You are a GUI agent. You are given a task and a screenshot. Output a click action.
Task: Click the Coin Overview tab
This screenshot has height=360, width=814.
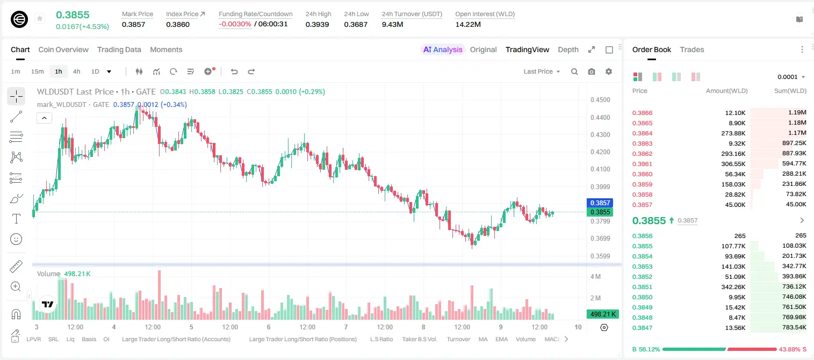point(63,49)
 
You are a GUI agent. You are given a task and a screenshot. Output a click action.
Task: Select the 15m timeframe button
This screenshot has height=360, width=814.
point(37,71)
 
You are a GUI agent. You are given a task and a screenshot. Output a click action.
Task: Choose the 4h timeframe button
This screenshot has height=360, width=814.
point(76,71)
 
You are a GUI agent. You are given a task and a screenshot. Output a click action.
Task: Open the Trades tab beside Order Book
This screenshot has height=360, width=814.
point(692,49)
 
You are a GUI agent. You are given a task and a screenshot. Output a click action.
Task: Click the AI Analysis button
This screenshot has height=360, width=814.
point(443,49)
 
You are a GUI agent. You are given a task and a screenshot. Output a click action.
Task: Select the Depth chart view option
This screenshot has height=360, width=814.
point(568,49)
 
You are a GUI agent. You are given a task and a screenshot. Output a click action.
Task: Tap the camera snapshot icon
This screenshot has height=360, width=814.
point(592,71)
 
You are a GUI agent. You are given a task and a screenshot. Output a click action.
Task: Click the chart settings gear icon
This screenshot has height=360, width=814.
point(609,71)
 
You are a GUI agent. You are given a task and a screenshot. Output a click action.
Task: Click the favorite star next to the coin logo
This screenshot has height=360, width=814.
point(40,18)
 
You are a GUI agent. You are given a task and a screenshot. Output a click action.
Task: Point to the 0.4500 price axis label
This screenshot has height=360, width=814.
point(600,100)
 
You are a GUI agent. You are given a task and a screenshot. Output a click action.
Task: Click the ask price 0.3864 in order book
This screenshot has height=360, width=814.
point(642,133)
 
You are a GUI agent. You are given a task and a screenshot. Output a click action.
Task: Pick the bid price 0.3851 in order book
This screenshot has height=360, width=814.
point(642,287)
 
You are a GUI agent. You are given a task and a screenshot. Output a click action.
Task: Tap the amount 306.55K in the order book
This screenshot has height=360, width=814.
point(733,164)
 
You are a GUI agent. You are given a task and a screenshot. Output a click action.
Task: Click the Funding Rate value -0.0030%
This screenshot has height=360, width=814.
point(235,24)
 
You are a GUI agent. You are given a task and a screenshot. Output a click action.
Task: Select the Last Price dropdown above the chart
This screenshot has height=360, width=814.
point(542,71)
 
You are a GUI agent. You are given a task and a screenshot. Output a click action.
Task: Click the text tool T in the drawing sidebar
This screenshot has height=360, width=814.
point(16,219)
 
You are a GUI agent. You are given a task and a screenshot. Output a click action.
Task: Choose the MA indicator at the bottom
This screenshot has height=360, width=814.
point(483,339)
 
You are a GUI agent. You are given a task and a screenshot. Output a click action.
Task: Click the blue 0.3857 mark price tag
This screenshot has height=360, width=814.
point(600,203)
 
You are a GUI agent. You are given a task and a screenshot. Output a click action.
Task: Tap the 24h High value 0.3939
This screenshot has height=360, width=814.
point(317,24)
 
